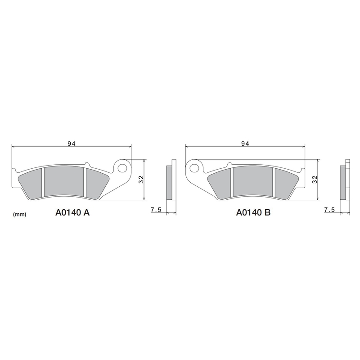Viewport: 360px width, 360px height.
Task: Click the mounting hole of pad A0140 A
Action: (121, 167)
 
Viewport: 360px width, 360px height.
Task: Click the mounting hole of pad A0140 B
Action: (194, 168)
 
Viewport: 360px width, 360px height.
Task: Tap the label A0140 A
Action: (72, 213)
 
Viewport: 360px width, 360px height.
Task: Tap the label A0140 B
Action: (253, 213)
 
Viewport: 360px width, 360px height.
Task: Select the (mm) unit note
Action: (20, 215)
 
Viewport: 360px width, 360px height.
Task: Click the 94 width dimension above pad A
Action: (71, 144)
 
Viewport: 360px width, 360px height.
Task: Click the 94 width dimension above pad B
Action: (245, 144)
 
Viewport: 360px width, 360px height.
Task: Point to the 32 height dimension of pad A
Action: (141, 179)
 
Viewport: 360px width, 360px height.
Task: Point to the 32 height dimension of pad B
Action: (315, 179)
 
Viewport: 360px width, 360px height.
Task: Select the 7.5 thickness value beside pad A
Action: (156, 210)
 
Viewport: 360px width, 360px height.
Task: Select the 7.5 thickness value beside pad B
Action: (329, 210)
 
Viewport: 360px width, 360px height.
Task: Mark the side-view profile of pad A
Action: (170, 182)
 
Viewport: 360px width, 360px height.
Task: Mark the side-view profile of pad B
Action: (344, 182)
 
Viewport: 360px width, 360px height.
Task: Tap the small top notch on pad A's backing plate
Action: (86, 163)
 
